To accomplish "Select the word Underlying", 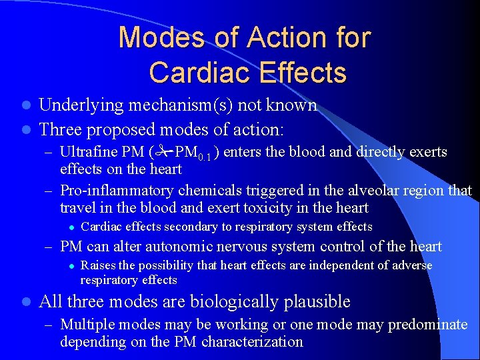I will pyautogui.click(x=81, y=105).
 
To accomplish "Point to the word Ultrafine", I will pyautogui.click(x=86, y=152).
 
